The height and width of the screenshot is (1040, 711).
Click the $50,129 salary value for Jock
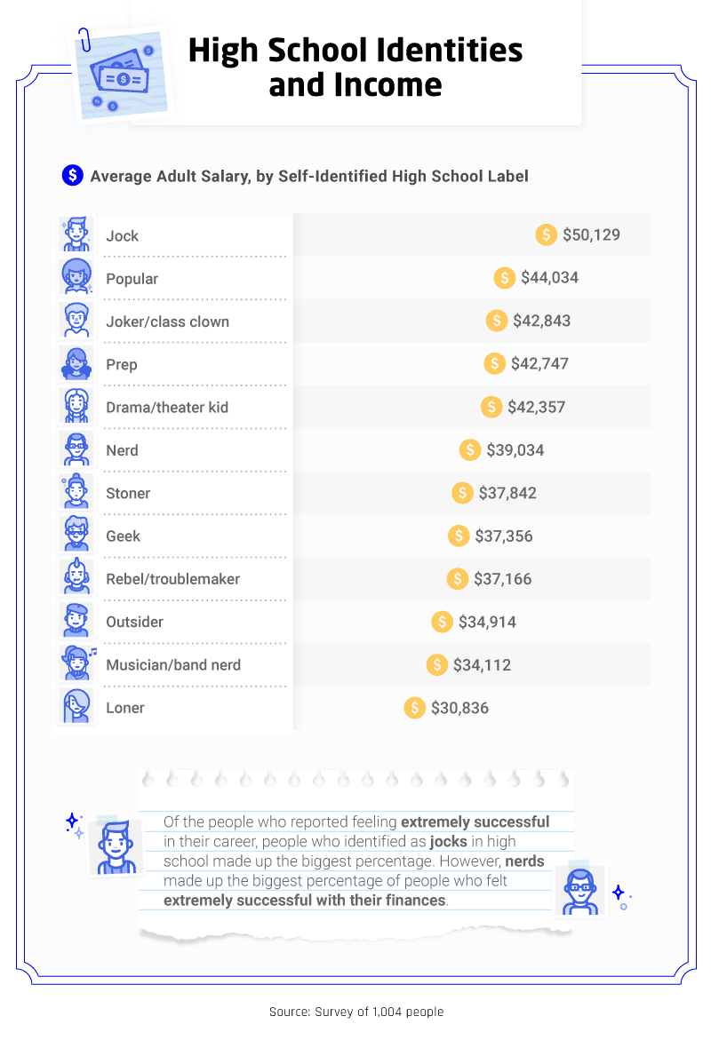pyautogui.click(x=591, y=235)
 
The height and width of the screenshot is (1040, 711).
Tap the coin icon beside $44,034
pyautogui.click(x=505, y=278)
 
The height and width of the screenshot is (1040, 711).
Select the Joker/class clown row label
pyautogui.click(x=167, y=322)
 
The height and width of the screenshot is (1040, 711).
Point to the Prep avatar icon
pyautogui.click(x=76, y=364)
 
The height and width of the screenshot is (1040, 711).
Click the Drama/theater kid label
pyautogui.click(x=167, y=407)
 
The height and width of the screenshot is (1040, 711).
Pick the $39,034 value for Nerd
pyautogui.click(x=515, y=450)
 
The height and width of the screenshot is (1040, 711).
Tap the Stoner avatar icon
pyautogui.click(x=76, y=492)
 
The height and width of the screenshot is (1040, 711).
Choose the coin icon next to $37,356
pyautogui.click(x=459, y=536)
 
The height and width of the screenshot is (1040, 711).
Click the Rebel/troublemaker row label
pyautogui.click(x=172, y=579)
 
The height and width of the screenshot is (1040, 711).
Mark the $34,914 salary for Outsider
pyautogui.click(x=486, y=622)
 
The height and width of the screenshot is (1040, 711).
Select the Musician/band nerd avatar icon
pyautogui.click(x=76, y=664)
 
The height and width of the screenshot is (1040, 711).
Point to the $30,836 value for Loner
pyautogui.click(x=459, y=708)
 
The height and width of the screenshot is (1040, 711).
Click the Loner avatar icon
pyautogui.click(x=76, y=707)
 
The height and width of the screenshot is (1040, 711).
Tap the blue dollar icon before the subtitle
pyautogui.click(x=72, y=176)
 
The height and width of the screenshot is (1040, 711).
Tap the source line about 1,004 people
pyautogui.click(x=355, y=1012)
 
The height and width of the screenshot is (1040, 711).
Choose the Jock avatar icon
pyautogui.click(x=76, y=235)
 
